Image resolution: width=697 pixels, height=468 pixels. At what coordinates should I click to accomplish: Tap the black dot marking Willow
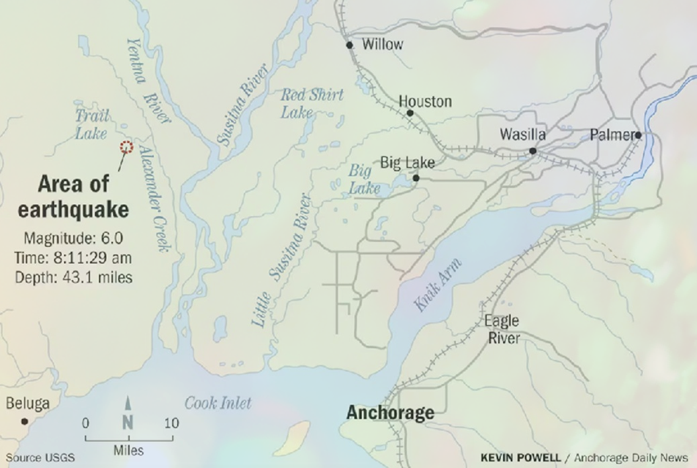tap(349, 46)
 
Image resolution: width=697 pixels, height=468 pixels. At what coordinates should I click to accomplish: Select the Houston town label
tap(425, 101)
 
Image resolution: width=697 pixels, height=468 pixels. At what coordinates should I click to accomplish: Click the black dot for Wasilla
tap(532, 151)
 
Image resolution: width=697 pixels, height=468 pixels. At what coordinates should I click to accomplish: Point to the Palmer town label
tap(611, 135)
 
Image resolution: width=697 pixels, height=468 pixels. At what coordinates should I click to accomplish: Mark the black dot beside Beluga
tap(24, 422)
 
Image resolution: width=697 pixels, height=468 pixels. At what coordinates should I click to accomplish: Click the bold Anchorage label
tap(390, 412)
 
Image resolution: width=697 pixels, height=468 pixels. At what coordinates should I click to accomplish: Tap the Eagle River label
tap(502, 330)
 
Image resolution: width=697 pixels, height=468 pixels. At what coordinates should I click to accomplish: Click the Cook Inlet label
tap(218, 403)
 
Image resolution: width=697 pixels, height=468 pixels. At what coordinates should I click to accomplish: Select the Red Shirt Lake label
tap(312, 103)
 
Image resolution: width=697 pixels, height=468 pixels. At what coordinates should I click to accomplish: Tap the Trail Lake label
tap(91, 125)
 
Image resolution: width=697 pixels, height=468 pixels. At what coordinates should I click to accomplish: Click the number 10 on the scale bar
tap(172, 423)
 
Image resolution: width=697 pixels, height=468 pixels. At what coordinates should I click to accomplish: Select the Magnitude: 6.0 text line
tap(74, 238)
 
